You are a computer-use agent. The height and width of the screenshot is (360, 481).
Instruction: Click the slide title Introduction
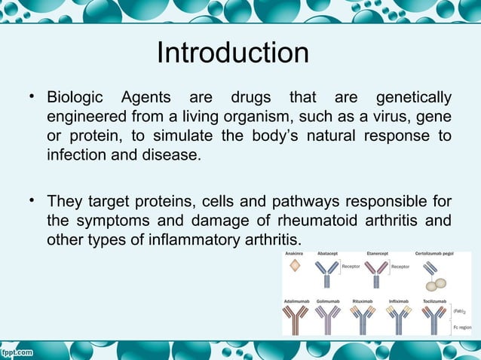pos(233,53)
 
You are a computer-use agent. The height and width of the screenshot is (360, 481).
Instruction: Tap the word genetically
pos(413,99)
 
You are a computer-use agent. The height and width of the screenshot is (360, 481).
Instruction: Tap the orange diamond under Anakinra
pos(295,273)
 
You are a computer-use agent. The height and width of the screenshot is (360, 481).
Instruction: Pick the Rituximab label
pos(363,301)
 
